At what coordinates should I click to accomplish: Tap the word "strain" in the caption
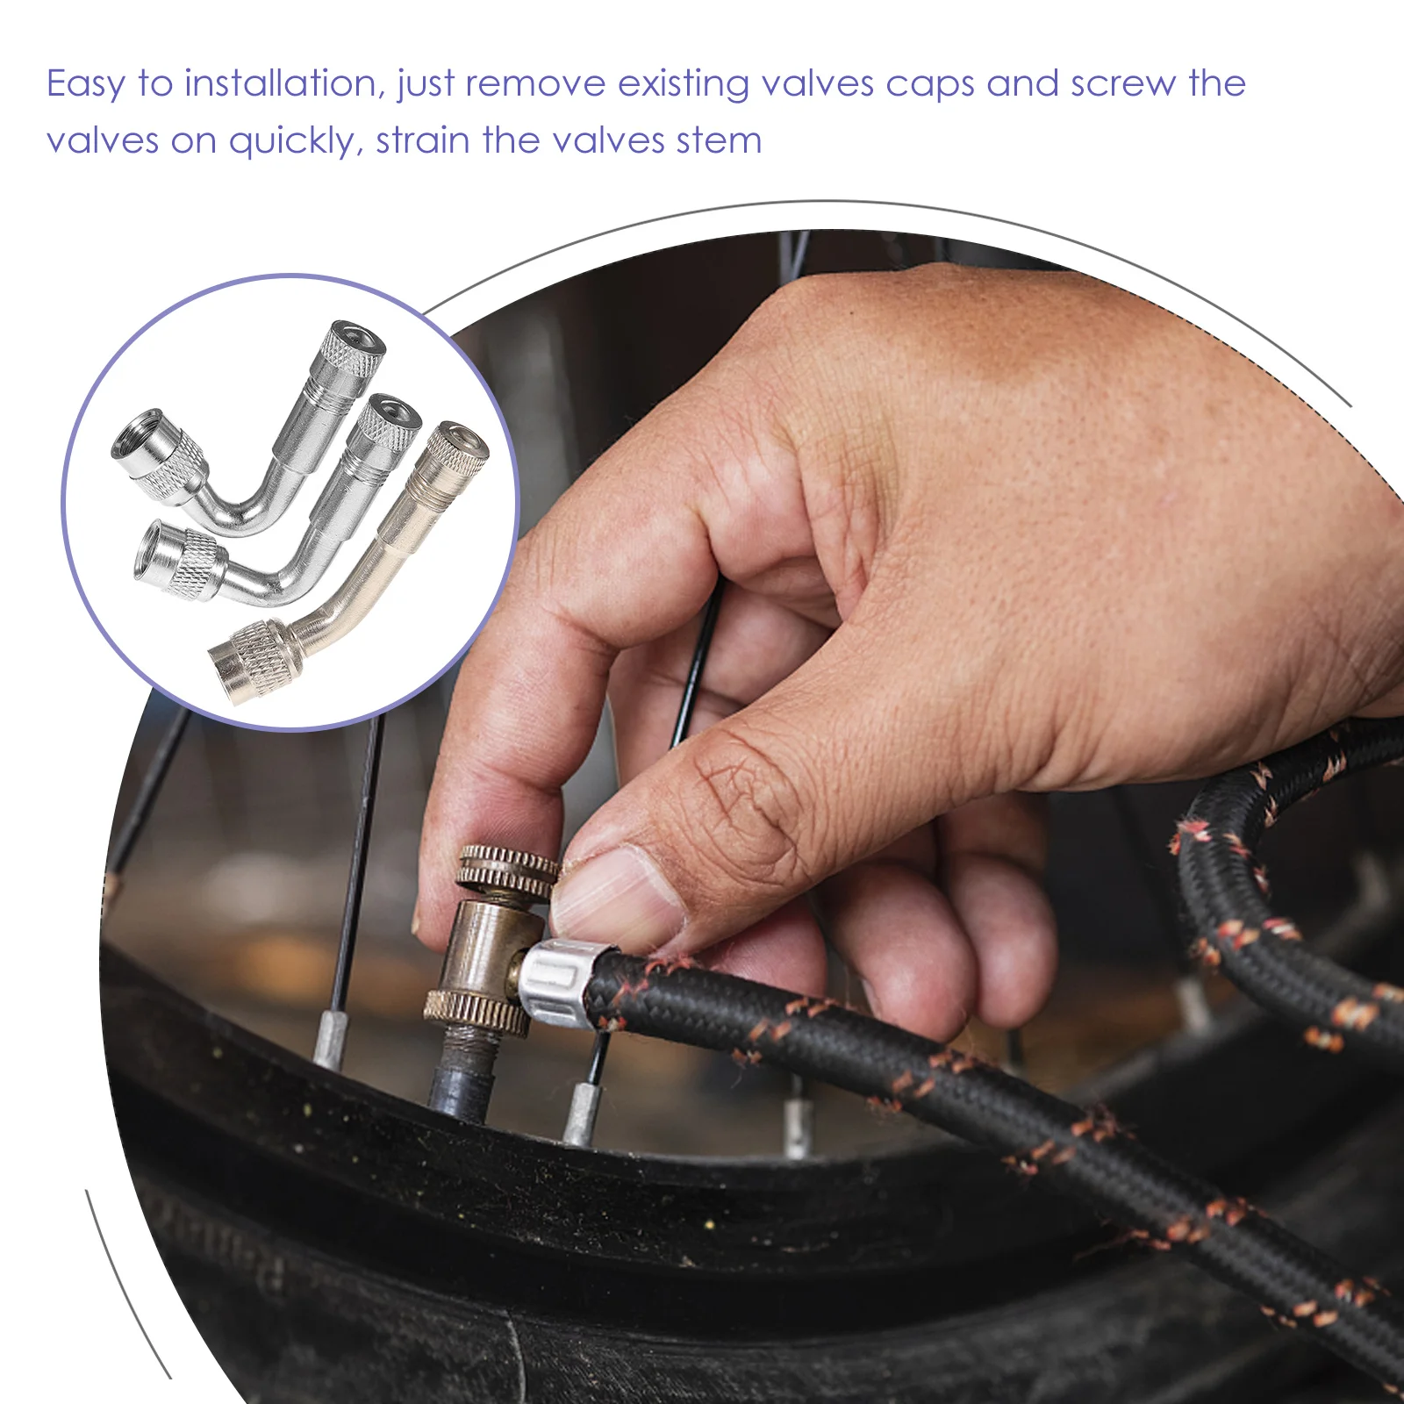(423, 140)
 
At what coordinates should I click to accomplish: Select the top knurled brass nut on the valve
(508, 870)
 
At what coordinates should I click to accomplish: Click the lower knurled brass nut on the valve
(476, 1013)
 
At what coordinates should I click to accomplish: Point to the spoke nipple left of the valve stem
(330, 1041)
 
